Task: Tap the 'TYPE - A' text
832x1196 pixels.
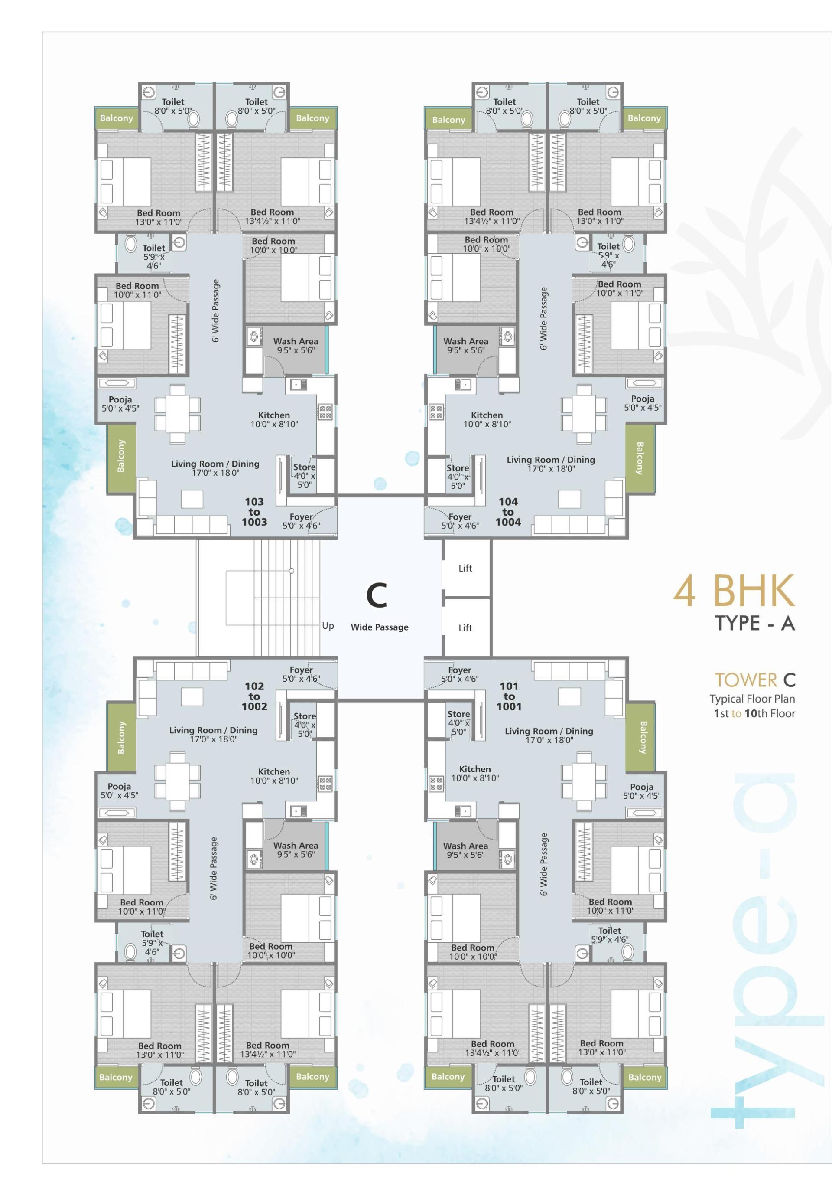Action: pyautogui.click(x=754, y=624)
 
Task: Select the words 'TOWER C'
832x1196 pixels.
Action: pyautogui.click(x=754, y=680)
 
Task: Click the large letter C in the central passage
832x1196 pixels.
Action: pyautogui.click(x=377, y=596)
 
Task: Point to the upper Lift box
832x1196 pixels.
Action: pyautogui.click(x=465, y=569)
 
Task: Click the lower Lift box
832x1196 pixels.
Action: pyautogui.click(x=465, y=628)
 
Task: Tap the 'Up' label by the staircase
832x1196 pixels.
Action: pyautogui.click(x=328, y=626)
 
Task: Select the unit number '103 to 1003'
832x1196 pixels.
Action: pyautogui.click(x=254, y=512)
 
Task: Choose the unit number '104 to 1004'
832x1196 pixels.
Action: pyautogui.click(x=508, y=512)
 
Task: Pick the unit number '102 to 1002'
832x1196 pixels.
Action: pyautogui.click(x=254, y=696)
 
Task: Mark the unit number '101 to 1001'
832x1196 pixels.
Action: pyautogui.click(x=509, y=696)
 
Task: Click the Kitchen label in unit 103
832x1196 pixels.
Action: pyautogui.click(x=274, y=415)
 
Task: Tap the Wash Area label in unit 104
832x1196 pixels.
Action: pyautogui.click(x=465, y=341)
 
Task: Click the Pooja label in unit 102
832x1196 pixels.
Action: pyautogui.click(x=119, y=787)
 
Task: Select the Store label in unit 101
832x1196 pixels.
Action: pyautogui.click(x=458, y=714)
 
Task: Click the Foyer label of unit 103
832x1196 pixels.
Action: pyautogui.click(x=301, y=517)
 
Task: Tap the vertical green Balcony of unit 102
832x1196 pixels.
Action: pyautogui.click(x=121, y=737)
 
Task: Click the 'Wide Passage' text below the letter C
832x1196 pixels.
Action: pyautogui.click(x=379, y=627)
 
